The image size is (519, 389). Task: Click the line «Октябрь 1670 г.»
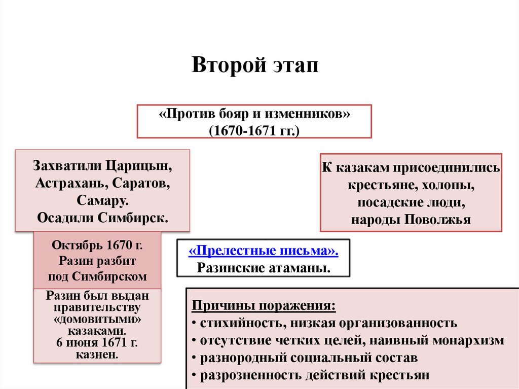[x=97, y=245]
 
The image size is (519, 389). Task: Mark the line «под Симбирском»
[x=97, y=277]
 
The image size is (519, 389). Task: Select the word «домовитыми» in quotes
[x=97, y=320]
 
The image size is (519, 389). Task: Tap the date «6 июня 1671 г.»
[x=97, y=342]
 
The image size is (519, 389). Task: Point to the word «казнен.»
[x=97, y=353]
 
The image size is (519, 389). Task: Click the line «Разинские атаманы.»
[x=263, y=267]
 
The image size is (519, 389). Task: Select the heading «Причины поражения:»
[x=264, y=307]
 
